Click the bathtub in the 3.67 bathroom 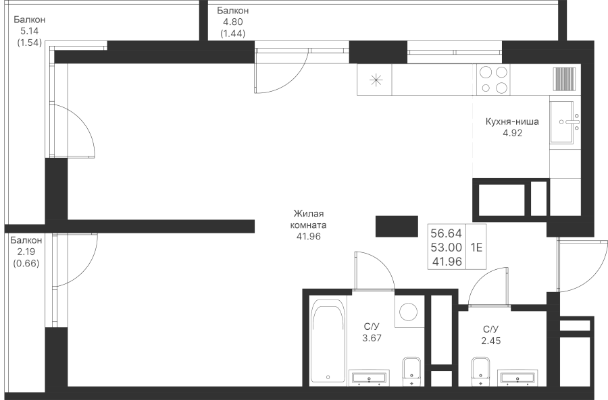(328, 341)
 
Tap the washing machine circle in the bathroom (408, 312)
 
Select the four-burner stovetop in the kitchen (493, 80)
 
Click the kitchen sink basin (561, 122)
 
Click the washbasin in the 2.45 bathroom (517, 378)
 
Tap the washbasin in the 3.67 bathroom (368, 378)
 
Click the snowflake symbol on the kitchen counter (376, 80)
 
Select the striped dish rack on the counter (564, 79)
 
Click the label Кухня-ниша (512, 121)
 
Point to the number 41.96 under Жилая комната (309, 236)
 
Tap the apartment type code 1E (476, 247)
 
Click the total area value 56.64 (447, 233)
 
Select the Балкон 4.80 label (232, 22)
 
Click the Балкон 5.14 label (30, 31)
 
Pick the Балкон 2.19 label (26, 252)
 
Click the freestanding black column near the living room (397, 227)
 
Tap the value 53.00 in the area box (447, 248)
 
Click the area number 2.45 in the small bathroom (491, 341)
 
